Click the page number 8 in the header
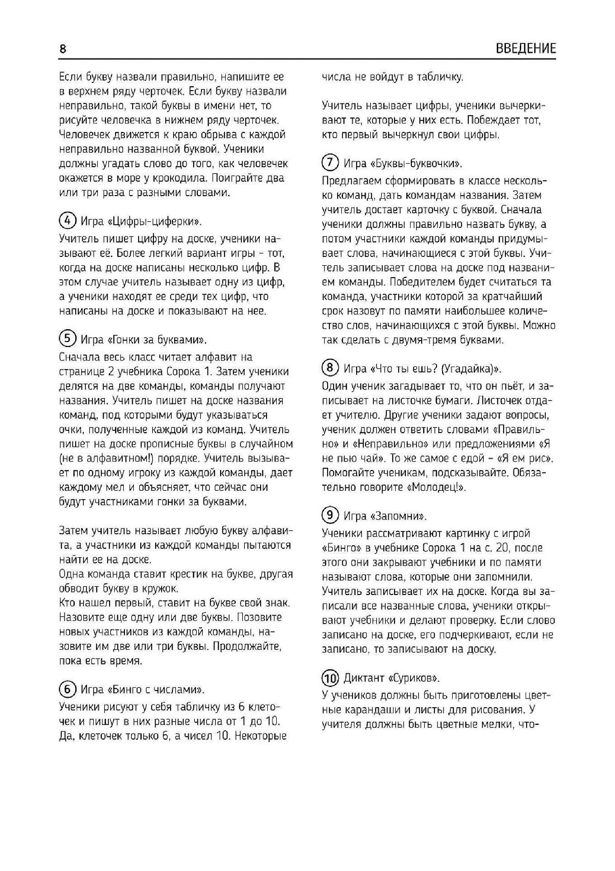coord(62,49)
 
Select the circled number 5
coord(67,339)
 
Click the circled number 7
coord(330,163)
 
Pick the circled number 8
coord(330,368)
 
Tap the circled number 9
coord(330,515)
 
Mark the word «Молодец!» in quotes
coord(436,487)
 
